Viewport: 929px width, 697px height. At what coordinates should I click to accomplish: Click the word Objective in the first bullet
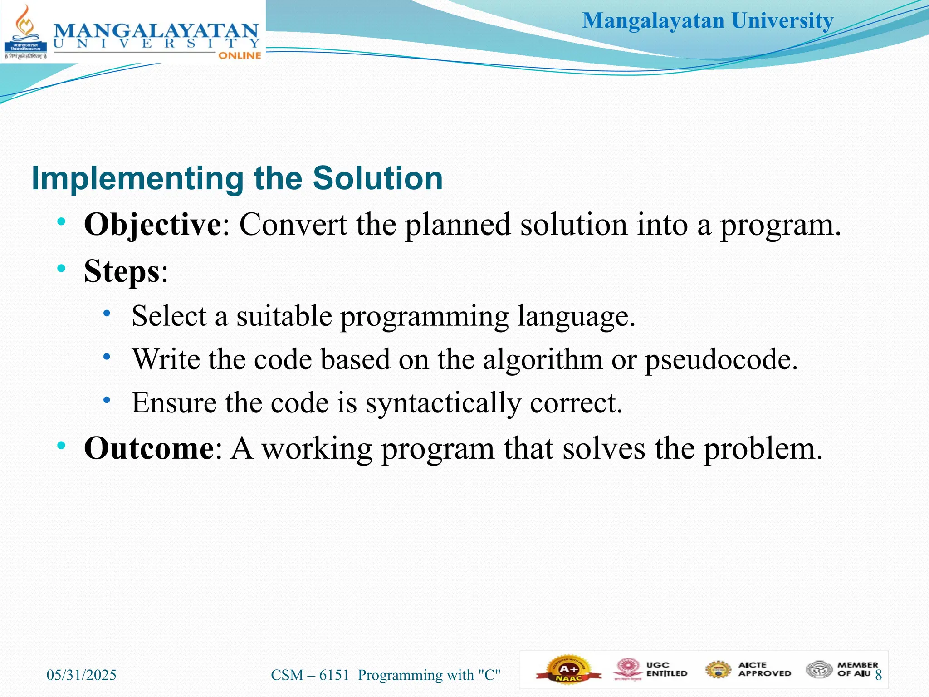tap(152, 225)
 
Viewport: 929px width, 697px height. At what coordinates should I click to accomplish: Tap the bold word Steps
tap(122, 271)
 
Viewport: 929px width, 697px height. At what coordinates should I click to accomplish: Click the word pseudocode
tap(721, 360)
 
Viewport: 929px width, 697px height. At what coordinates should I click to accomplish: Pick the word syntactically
tap(443, 403)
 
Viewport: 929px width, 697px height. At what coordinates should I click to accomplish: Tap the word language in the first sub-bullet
tap(576, 316)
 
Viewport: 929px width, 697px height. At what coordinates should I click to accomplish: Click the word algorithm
tap(543, 360)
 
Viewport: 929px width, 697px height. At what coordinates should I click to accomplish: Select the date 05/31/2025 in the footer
tap(82, 675)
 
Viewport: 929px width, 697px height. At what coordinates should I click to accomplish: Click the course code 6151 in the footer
tap(334, 675)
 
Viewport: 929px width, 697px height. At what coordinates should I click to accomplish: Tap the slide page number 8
tap(878, 675)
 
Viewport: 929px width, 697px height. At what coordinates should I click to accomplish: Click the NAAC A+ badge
tap(569, 670)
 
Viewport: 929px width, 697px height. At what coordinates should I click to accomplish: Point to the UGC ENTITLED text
tap(666, 669)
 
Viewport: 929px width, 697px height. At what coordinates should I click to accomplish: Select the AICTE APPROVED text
tap(764, 669)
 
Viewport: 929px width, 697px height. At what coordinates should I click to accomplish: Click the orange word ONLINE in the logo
tap(240, 55)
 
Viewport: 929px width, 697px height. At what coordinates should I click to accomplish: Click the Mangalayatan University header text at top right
tap(708, 21)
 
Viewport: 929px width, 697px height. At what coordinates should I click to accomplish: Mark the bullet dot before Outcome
tap(61, 446)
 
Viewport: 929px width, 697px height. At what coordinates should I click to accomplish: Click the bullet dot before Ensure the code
tap(107, 400)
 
